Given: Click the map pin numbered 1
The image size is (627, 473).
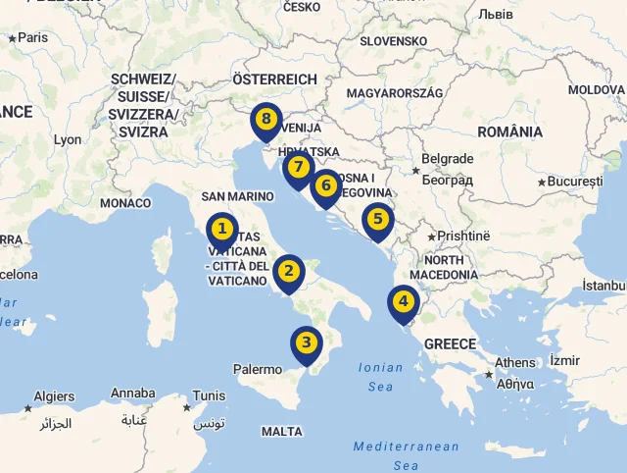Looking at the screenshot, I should (222, 231).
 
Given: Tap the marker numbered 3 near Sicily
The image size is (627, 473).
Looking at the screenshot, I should (307, 342).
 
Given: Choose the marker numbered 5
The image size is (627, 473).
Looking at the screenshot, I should (377, 220).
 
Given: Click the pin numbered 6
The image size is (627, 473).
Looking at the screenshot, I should (326, 185).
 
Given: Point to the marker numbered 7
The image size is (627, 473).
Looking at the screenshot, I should (298, 168).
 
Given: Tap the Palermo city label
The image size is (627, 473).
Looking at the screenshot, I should (257, 370).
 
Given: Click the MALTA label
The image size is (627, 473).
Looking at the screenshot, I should (282, 431).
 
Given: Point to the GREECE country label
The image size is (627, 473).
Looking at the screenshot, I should (450, 344).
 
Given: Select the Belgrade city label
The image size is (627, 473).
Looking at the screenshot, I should (447, 159).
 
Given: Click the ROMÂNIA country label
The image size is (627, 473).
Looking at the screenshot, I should (509, 131).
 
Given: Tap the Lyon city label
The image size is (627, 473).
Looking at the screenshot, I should (68, 139).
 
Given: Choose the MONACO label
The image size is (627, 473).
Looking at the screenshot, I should (125, 203).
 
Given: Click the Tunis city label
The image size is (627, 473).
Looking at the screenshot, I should (209, 395).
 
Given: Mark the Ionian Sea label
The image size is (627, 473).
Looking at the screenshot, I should (380, 377).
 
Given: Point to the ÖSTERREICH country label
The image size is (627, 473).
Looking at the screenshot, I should (274, 79).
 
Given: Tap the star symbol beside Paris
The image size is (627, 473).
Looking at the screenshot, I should (12, 38).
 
